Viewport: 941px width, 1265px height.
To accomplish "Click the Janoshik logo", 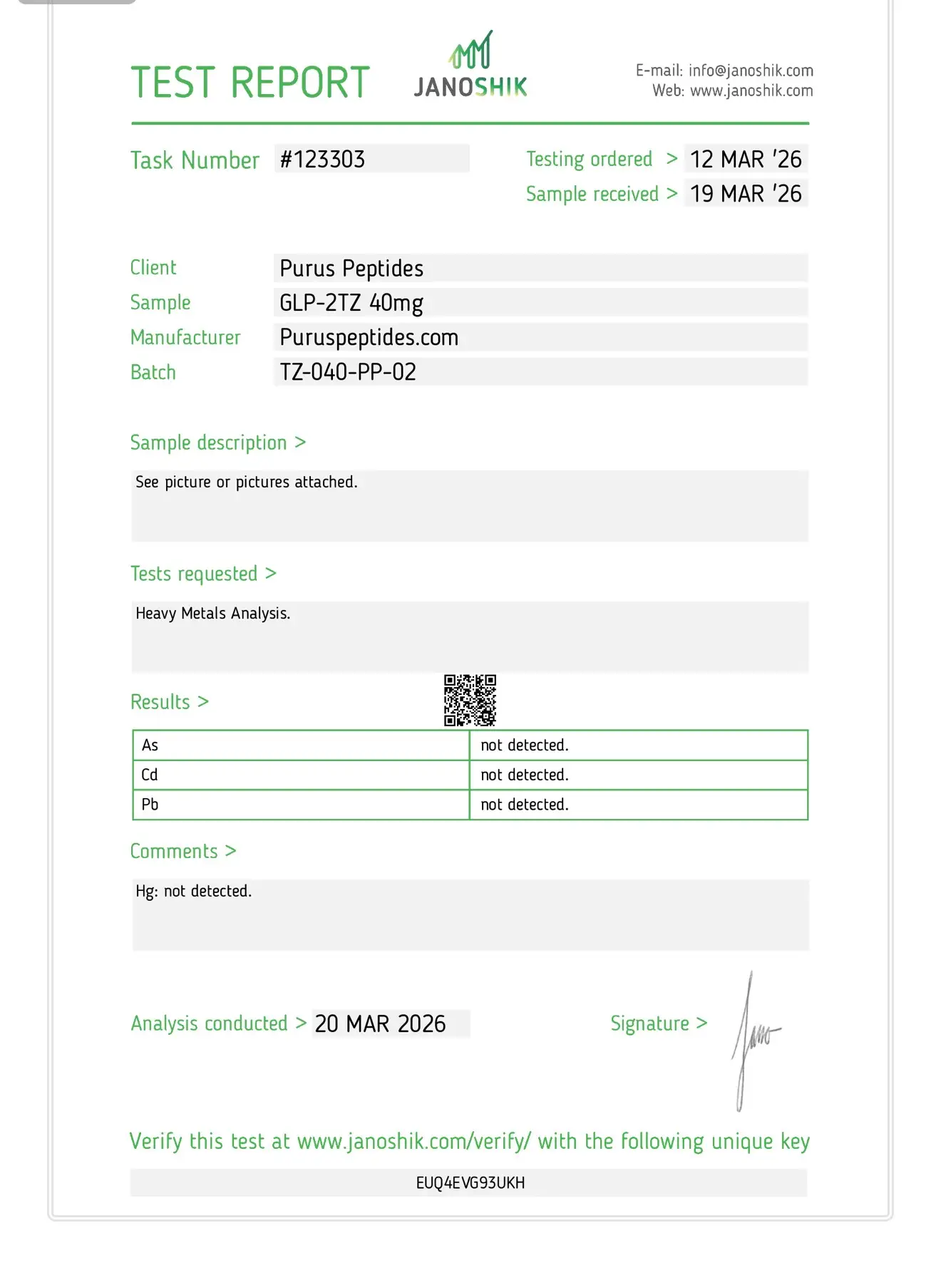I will (470, 66).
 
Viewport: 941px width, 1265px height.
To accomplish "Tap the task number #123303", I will (322, 160).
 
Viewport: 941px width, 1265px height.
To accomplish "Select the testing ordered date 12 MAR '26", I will (746, 160).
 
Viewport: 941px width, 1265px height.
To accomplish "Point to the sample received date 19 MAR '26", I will (746, 194).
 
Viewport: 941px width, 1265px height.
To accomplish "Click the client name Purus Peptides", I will (351, 269).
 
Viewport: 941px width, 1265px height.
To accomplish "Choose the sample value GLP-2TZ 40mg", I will (351, 303).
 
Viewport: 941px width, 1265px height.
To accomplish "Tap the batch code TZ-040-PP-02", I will (348, 372).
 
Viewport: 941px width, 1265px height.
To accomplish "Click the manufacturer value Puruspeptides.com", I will (369, 338).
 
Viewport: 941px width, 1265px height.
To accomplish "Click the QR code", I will (470, 701).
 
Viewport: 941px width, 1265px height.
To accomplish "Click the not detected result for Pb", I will (525, 805).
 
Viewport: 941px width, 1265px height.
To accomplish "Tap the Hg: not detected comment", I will (194, 892).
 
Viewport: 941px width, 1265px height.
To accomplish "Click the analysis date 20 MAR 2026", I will (380, 1024).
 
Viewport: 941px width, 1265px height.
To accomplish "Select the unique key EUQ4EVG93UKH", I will (470, 1183).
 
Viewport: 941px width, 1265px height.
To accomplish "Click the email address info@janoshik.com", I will (751, 71).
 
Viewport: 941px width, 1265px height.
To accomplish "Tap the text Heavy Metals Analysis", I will (213, 614).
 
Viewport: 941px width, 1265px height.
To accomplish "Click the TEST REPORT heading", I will (250, 83).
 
